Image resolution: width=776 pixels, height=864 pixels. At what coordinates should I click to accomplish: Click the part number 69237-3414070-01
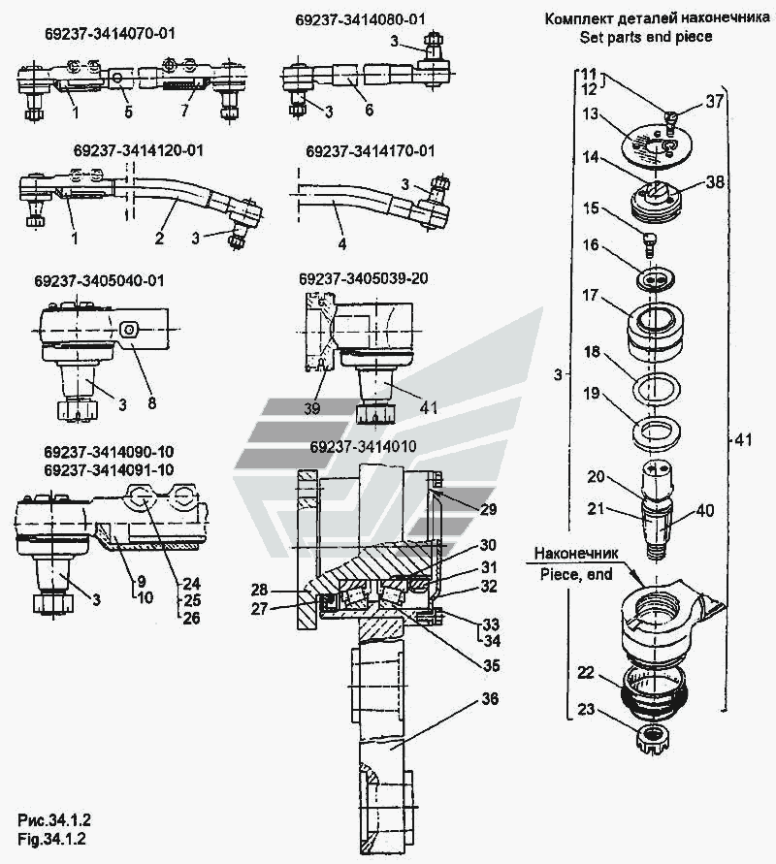(x=110, y=34)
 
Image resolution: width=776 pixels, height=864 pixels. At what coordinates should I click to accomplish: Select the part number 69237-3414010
(x=363, y=446)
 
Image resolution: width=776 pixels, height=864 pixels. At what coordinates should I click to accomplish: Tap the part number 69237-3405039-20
(x=363, y=279)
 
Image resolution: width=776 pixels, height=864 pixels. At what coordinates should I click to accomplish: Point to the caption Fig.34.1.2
(x=51, y=839)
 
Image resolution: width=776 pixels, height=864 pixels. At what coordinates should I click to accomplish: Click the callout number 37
(x=714, y=102)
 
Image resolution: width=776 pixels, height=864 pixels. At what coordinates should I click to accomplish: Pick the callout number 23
(x=586, y=709)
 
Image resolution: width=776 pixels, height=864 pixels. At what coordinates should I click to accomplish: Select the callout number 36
(x=490, y=699)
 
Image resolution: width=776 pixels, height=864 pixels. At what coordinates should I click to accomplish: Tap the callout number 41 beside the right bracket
(x=743, y=439)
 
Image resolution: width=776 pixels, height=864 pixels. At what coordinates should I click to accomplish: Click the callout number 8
(x=151, y=402)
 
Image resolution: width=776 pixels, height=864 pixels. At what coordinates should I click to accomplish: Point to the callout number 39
(x=312, y=408)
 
